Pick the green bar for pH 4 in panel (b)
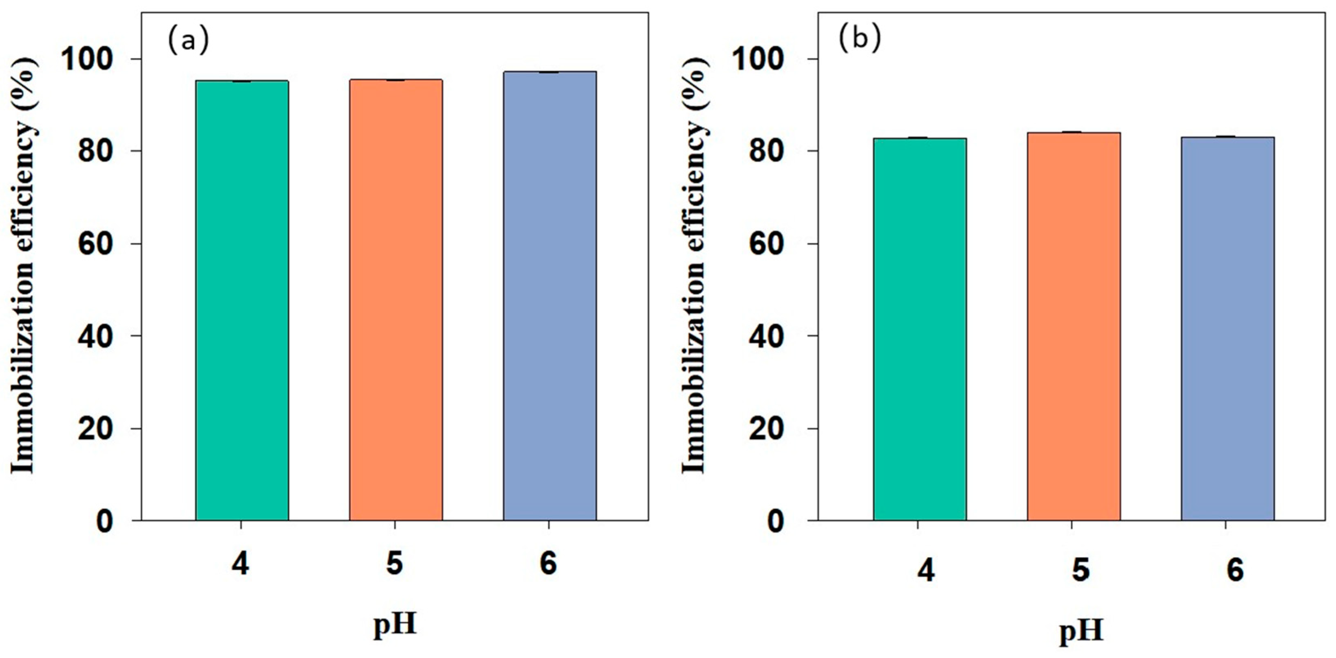click(x=920, y=329)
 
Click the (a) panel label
click(x=188, y=40)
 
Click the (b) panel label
click(x=860, y=40)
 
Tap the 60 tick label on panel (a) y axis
click(x=96, y=244)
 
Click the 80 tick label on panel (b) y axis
click(x=767, y=152)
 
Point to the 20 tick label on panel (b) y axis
click(x=767, y=428)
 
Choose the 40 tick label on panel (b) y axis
click(x=767, y=336)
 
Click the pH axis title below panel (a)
click(x=395, y=625)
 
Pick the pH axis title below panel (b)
click(x=1081, y=632)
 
